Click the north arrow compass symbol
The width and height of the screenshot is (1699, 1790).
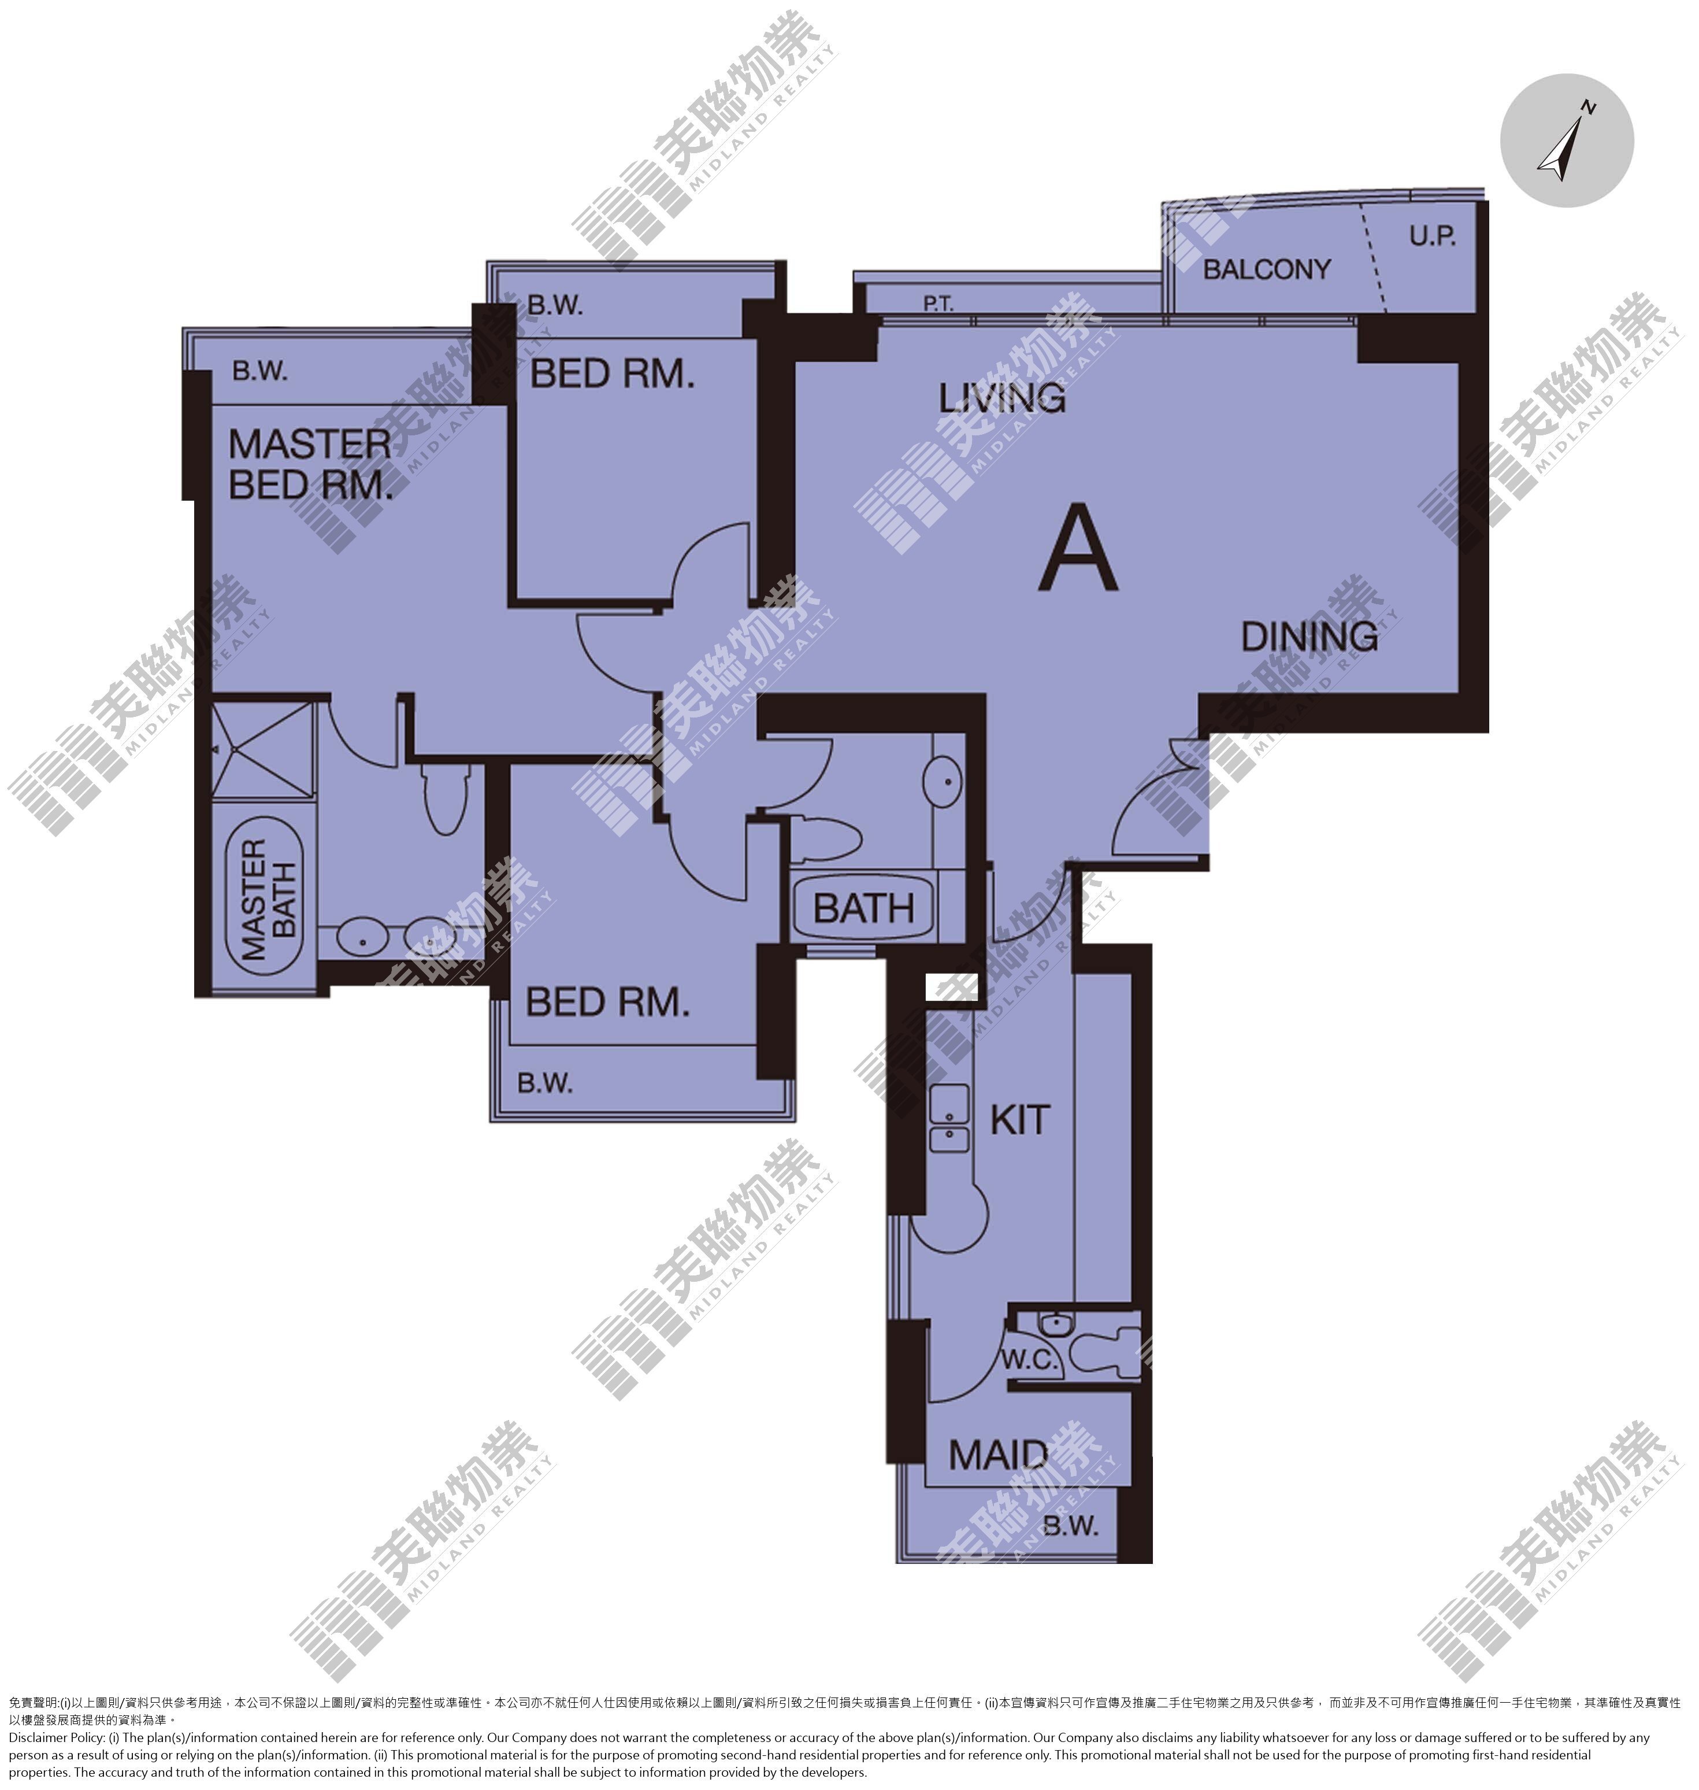point(1566,140)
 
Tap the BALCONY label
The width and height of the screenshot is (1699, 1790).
point(1266,269)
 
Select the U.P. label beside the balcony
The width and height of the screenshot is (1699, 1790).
point(1432,236)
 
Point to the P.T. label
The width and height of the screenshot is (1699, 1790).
point(938,304)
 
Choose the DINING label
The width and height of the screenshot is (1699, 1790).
point(1309,637)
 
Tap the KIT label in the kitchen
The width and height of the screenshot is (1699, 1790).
point(1020,1120)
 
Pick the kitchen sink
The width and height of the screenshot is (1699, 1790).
point(949,1119)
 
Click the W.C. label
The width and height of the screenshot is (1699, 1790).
point(1030,1360)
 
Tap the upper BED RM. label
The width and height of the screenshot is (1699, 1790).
point(612,373)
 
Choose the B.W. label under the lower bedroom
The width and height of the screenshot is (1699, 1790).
point(545,1082)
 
